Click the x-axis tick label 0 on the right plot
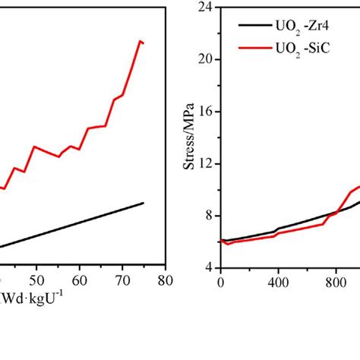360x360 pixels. (x=220, y=280)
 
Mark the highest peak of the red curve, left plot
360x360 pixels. (x=140, y=40)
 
